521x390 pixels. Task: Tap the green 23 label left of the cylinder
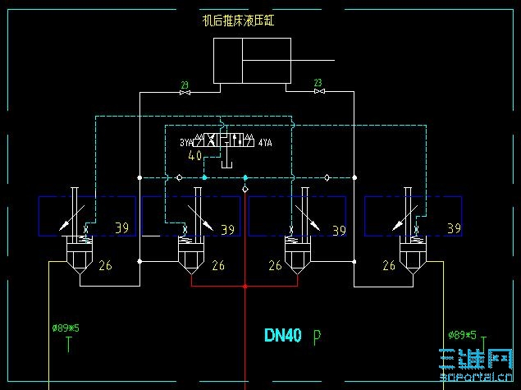[x=184, y=84]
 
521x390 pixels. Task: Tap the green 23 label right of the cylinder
[x=318, y=82]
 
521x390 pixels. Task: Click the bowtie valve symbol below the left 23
[x=184, y=93]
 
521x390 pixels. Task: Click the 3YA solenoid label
[x=186, y=143]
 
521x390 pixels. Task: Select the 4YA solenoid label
[x=265, y=143]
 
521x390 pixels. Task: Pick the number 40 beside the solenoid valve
[x=195, y=155]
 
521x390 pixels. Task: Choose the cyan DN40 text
[x=283, y=335]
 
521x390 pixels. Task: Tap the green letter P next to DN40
[x=317, y=336]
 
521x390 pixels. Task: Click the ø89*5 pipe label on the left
[x=65, y=328]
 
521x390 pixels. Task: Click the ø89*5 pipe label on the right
[x=461, y=334]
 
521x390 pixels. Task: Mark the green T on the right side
[x=484, y=343]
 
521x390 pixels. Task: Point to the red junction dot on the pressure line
[x=245, y=286]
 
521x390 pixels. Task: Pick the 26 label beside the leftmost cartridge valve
[x=105, y=265]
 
